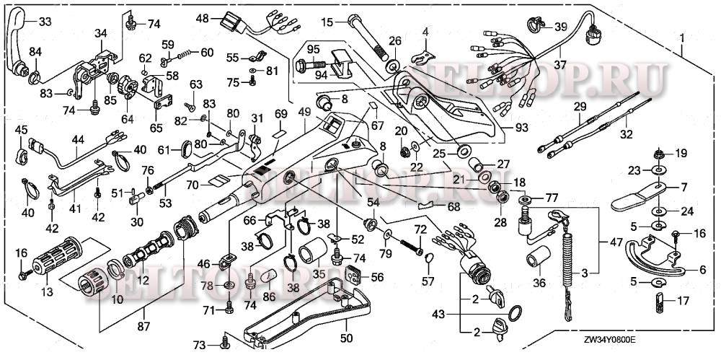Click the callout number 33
(45, 21)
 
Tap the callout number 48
(202, 17)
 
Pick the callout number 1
(681, 35)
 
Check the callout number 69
(280, 114)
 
